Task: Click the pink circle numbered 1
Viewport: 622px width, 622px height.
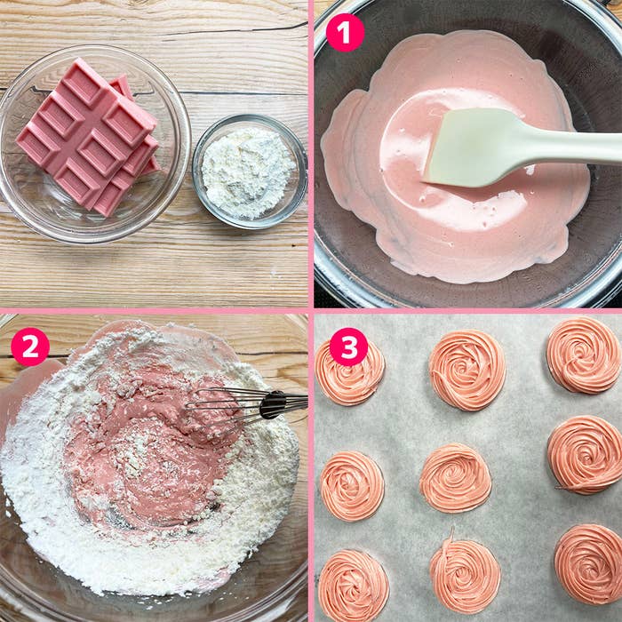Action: coord(345,33)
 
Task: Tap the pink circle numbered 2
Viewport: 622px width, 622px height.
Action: coord(30,347)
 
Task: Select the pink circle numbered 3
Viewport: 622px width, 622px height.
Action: coord(348,347)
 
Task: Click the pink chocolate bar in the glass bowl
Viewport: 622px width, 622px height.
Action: coord(87,137)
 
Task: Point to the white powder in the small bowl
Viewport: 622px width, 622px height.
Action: coord(249,172)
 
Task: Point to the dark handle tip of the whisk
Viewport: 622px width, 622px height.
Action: coord(273,404)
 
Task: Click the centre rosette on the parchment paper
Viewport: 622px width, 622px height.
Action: coord(455,478)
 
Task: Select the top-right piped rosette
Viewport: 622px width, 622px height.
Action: coord(584,355)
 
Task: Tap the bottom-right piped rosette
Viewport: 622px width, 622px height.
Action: coord(588,563)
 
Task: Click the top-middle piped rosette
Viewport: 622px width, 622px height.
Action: coord(466,371)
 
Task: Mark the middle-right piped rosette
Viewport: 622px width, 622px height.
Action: coord(585,455)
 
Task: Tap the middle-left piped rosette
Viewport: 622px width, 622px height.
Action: coord(352,485)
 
